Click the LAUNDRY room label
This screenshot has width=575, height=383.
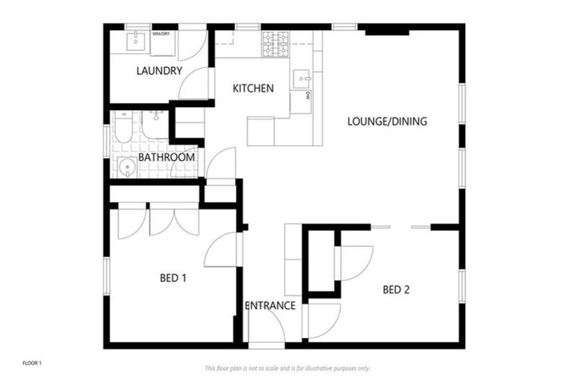pyautogui.click(x=159, y=71)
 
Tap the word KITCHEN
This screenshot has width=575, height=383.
pyautogui.click(x=253, y=88)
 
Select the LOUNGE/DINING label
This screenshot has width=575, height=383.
pyautogui.click(x=387, y=120)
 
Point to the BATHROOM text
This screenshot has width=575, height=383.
pyautogui.click(x=166, y=157)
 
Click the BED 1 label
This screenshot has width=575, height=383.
pyautogui.click(x=173, y=278)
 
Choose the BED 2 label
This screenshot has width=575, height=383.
pyautogui.click(x=397, y=289)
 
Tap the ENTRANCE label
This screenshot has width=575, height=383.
pyautogui.click(x=270, y=305)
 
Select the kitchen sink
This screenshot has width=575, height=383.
pyautogui.click(x=301, y=77)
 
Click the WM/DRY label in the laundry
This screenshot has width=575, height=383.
pyautogui.click(x=160, y=34)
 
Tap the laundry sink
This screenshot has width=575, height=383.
pyautogui.click(x=136, y=42)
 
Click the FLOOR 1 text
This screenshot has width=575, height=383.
pyautogui.click(x=32, y=364)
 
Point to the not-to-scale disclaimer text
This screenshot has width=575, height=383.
pyautogui.click(x=287, y=368)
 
